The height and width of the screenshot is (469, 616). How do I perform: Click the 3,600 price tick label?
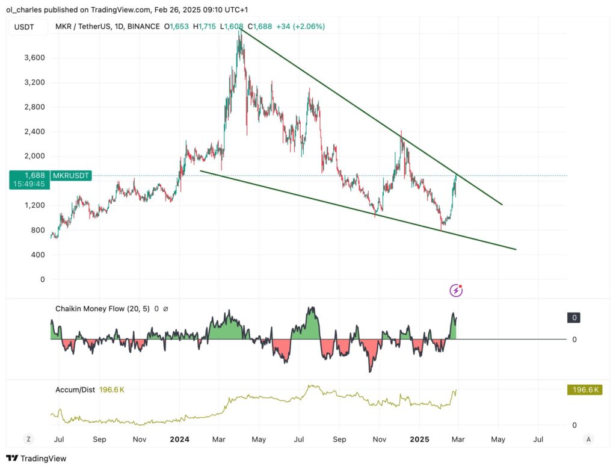34,58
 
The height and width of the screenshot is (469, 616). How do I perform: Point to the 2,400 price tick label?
34,132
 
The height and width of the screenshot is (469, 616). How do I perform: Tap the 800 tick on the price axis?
38,230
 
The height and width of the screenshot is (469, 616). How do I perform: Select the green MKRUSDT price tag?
72,175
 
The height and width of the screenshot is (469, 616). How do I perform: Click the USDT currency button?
24,26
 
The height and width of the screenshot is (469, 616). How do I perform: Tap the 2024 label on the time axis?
180,439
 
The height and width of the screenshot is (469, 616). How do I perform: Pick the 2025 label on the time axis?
419,439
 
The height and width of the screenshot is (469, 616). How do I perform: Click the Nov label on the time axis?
140,439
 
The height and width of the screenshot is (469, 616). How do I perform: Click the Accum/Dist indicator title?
79,390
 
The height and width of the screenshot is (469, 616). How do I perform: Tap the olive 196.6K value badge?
584,390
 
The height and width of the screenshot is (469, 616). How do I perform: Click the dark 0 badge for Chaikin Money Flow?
574,318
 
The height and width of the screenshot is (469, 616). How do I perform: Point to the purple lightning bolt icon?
456,291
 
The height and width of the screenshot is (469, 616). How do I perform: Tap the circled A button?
589,439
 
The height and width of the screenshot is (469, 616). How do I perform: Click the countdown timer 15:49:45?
27,184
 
